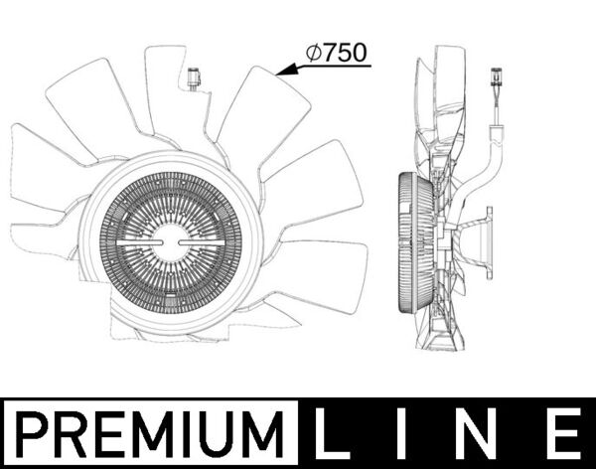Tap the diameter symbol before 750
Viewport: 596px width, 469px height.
(313, 55)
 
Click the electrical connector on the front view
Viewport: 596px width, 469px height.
(191, 78)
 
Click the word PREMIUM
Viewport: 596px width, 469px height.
(149, 434)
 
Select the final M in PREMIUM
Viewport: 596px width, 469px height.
(267, 434)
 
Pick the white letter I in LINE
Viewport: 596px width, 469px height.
(409, 434)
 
